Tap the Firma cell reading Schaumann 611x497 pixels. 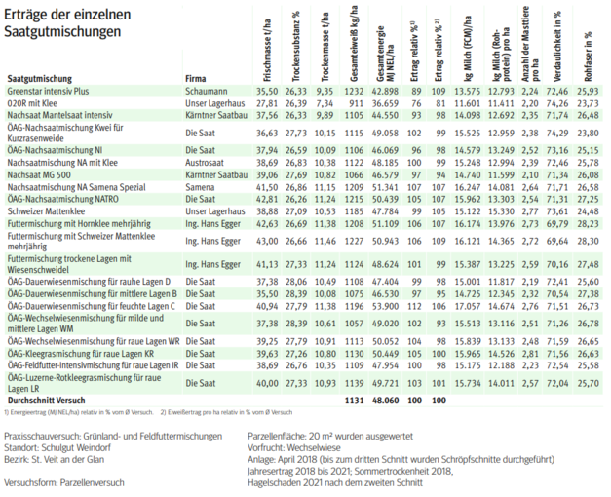pos(207,89)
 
